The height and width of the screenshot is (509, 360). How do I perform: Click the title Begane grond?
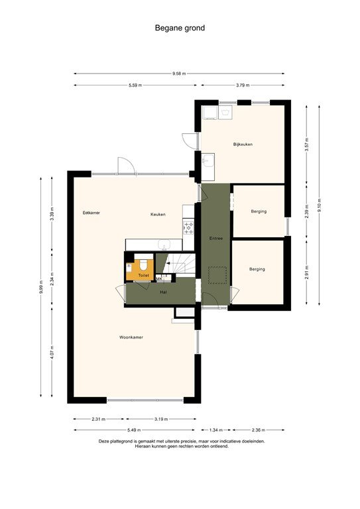[x=180, y=28]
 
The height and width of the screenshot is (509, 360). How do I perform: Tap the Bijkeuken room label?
[x=243, y=144]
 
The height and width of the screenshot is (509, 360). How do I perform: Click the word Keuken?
[x=158, y=214]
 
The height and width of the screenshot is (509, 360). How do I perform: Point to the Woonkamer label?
[x=131, y=337]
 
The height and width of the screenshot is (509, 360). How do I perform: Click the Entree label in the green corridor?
[x=216, y=238]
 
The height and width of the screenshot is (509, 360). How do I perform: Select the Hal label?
[x=163, y=292]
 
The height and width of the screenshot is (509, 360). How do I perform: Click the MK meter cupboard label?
[x=159, y=279]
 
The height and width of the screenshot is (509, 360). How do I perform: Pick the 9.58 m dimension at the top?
[x=180, y=74]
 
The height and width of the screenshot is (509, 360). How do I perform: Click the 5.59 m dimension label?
[x=135, y=85]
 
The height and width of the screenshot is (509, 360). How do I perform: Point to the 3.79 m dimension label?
[x=243, y=85]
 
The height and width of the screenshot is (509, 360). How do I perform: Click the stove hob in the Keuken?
[x=188, y=228]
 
